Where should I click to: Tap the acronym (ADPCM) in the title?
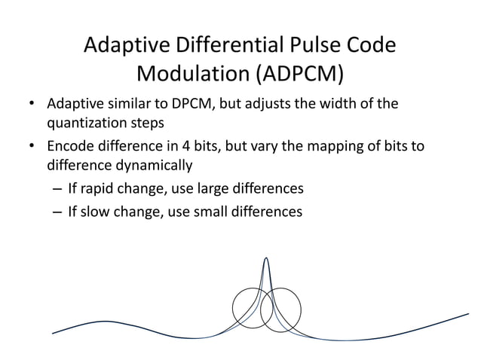(299, 75)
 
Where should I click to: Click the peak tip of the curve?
(266, 258)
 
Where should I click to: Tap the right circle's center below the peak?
(281, 308)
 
